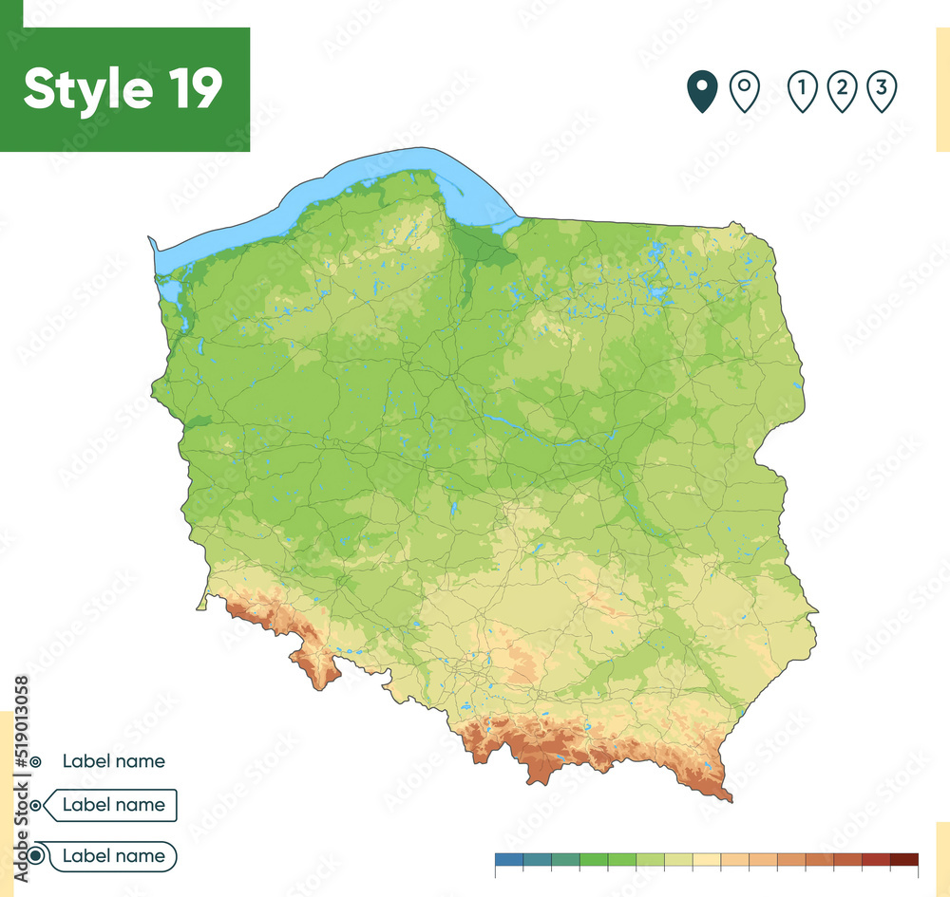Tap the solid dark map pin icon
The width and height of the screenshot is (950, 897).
pos(702,91)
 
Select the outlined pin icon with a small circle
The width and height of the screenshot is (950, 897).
pos(744,91)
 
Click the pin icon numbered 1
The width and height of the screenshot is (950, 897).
pos(803,91)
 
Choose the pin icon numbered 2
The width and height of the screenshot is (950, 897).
pos(842,91)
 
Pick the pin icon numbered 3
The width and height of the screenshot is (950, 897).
pos(883,91)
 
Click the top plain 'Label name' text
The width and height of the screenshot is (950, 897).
pos(113,761)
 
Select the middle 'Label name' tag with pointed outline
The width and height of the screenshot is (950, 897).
pos(113,805)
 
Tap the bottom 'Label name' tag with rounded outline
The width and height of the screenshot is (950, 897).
pos(113,856)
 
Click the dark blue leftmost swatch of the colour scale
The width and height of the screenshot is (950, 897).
pos(509,859)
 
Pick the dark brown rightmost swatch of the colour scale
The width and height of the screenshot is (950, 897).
pos(904,859)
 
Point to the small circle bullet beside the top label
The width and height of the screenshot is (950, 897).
pos(35,761)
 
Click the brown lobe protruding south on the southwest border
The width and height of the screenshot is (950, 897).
pos(321,669)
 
